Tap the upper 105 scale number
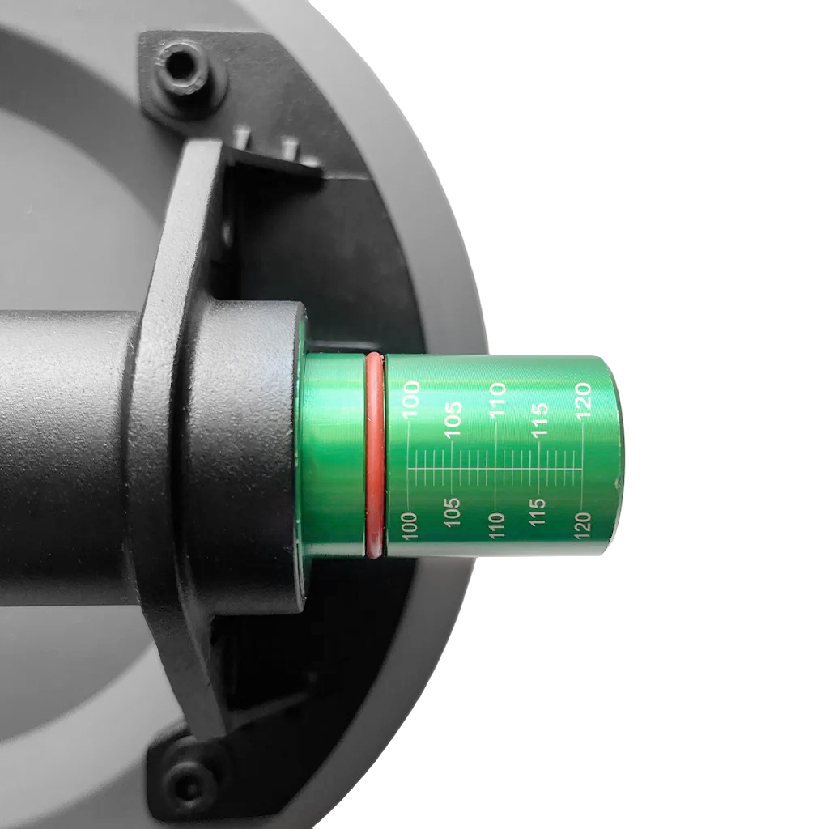pos(453,419)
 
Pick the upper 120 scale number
pos(583,399)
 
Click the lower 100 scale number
pos(410,525)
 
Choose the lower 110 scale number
pos(497,525)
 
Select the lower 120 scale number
pos(583,525)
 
